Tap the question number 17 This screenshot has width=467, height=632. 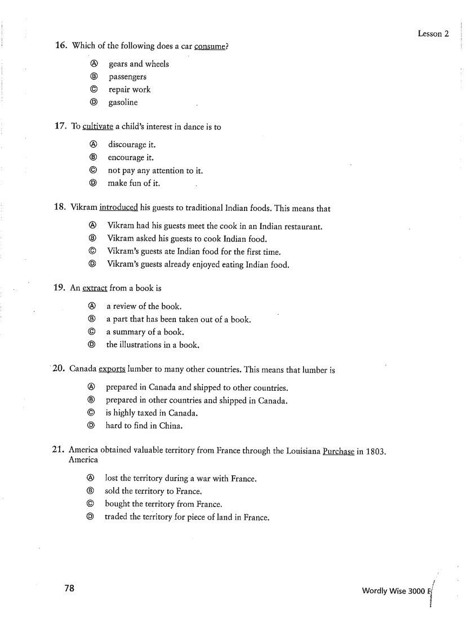[x=61, y=127]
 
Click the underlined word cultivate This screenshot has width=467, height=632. [x=97, y=127]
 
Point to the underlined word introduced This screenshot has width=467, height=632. [x=118, y=208]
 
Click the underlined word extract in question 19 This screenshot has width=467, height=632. [x=95, y=288]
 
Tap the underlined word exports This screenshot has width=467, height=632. [x=112, y=370]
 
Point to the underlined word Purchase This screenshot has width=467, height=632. [x=338, y=451]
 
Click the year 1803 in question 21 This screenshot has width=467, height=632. [x=375, y=451]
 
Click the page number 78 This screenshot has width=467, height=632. [x=69, y=588]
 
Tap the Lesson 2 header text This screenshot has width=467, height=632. [x=433, y=34]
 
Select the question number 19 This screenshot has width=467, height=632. [x=60, y=288]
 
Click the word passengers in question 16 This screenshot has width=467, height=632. [x=127, y=77]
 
